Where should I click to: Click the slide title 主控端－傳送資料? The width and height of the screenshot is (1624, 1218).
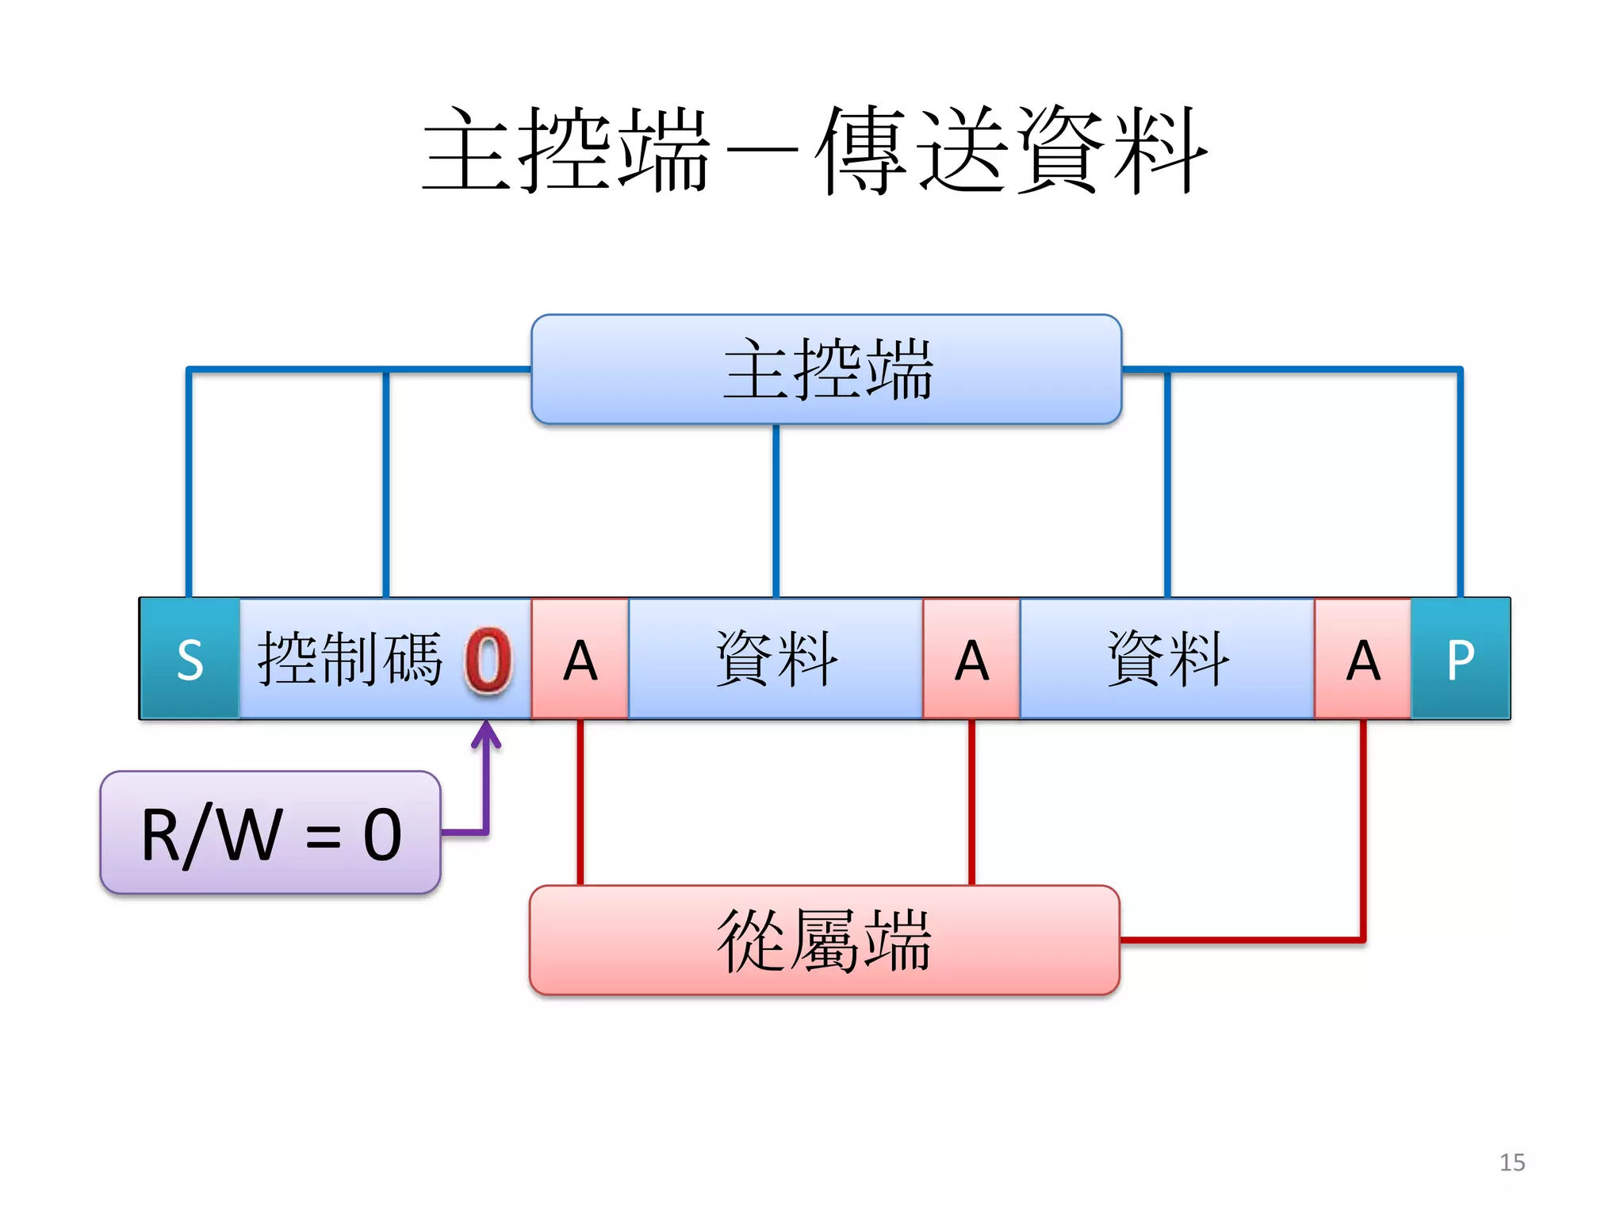point(815,151)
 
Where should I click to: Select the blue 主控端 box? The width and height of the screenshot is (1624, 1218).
point(826,370)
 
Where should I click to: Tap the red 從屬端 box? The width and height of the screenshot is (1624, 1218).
point(825,940)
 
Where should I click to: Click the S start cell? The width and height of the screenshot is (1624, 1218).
point(190,659)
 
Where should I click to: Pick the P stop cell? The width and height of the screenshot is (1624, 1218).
point(1461,659)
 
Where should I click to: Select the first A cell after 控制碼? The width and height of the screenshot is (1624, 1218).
point(580,659)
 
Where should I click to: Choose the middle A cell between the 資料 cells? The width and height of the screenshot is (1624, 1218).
point(971,659)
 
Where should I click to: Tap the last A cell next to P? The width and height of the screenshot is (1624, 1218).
point(1362,659)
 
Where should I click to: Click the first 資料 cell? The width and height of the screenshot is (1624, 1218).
point(776,659)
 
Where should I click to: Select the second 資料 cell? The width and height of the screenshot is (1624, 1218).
point(1167,659)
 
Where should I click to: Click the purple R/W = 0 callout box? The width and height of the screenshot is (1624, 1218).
point(270,833)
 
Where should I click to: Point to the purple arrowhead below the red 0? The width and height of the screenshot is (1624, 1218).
point(486,733)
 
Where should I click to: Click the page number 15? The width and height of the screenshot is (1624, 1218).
point(1511,1162)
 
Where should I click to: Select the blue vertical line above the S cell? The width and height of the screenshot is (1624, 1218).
point(189,484)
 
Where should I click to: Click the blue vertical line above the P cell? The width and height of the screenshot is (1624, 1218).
point(1460,484)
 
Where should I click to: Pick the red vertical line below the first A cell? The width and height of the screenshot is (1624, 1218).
point(580,801)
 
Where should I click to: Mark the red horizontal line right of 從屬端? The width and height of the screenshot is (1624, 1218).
point(1241,940)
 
